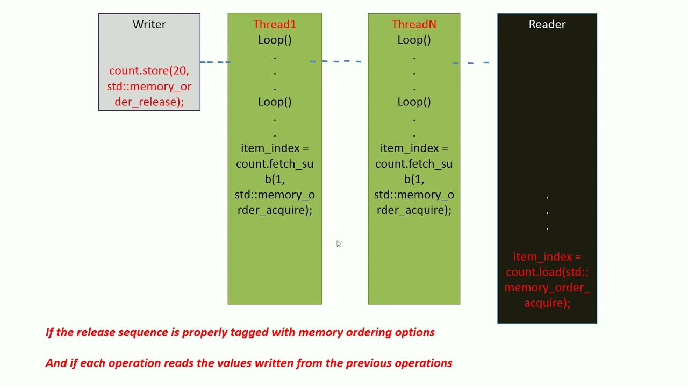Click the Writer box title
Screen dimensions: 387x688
click(149, 24)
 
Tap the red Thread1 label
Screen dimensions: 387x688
click(275, 24)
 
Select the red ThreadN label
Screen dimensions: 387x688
click(414, 24)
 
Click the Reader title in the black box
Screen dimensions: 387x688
click(547, 24)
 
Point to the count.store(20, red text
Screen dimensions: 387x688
click(149, 70)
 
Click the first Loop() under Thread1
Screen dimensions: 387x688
click(275, 40)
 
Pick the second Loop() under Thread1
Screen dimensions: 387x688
click(275, 102)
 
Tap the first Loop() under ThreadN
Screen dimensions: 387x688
click(414, 40)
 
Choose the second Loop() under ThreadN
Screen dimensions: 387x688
click(414, 102)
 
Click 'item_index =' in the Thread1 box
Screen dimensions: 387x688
click(275, 148)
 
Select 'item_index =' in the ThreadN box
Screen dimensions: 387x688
click(414, 148)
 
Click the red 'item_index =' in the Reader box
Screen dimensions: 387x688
click(547, 256)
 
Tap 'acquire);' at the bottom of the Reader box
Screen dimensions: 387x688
click(547, 303)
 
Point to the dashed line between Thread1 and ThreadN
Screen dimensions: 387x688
click(336, 61)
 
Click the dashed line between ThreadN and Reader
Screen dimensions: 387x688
click(471, 63)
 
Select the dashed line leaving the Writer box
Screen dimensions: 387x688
click(215, 62)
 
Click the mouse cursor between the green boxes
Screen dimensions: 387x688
click(339, 244)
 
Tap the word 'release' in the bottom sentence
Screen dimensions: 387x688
click(95, 332)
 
